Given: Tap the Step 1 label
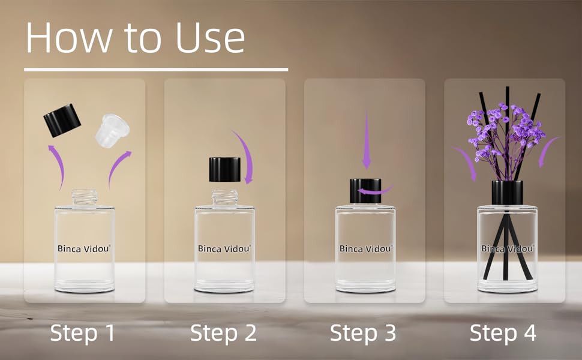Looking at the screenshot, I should (82, 332).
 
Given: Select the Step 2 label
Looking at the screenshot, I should (223, 332).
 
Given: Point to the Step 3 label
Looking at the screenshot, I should (362, 332).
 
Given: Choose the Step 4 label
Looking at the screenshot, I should (503, 332).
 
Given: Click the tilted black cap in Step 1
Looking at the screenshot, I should (62, 120).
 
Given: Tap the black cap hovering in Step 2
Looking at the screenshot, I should (224, 169).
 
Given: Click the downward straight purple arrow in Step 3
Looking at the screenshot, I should (366, 151).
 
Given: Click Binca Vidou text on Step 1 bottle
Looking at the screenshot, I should (84, 248).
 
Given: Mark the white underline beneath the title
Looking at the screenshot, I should (156, 70).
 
